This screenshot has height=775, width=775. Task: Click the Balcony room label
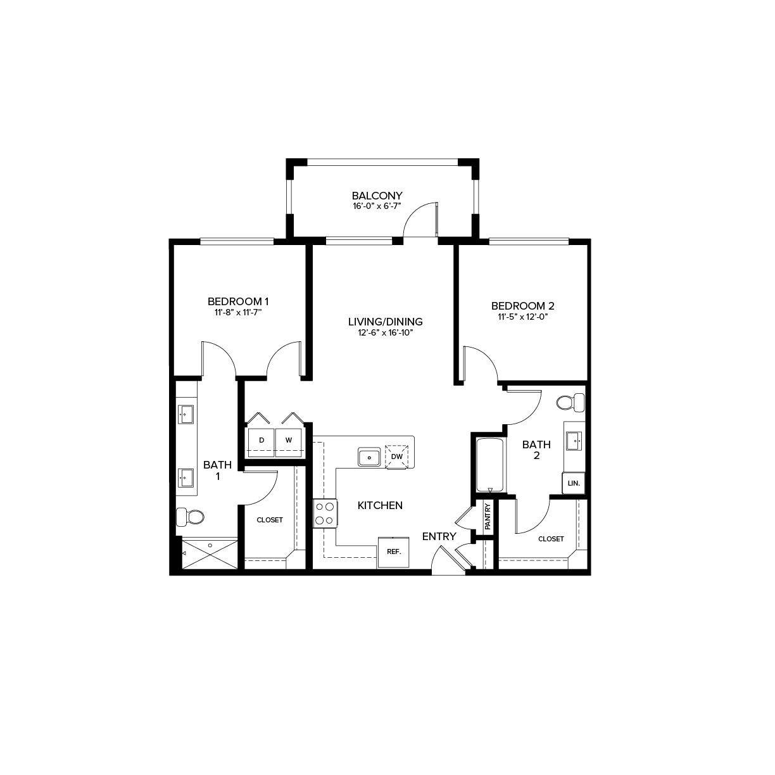click(377, 196)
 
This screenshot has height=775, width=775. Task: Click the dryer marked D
click(260, 439)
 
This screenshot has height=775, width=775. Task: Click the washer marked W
click(288, 439)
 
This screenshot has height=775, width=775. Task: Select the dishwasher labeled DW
click(397, 456)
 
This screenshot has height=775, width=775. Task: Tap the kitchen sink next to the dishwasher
click(369, 457)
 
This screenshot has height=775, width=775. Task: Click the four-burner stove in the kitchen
click(325, 514)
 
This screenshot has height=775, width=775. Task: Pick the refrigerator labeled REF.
click(394, 551)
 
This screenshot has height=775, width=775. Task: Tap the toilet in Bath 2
click(571, 402)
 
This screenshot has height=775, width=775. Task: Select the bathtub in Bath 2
click(490, 465)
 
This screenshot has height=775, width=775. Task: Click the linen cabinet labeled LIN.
click(574, 483)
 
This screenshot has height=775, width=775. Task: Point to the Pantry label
click(488, 516)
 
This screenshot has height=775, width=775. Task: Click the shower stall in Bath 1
click(210, 554)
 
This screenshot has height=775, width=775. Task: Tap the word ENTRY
click(439, 536)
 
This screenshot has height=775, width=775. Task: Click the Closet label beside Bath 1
click(270, 520)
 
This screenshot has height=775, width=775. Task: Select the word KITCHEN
click(380, 505)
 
